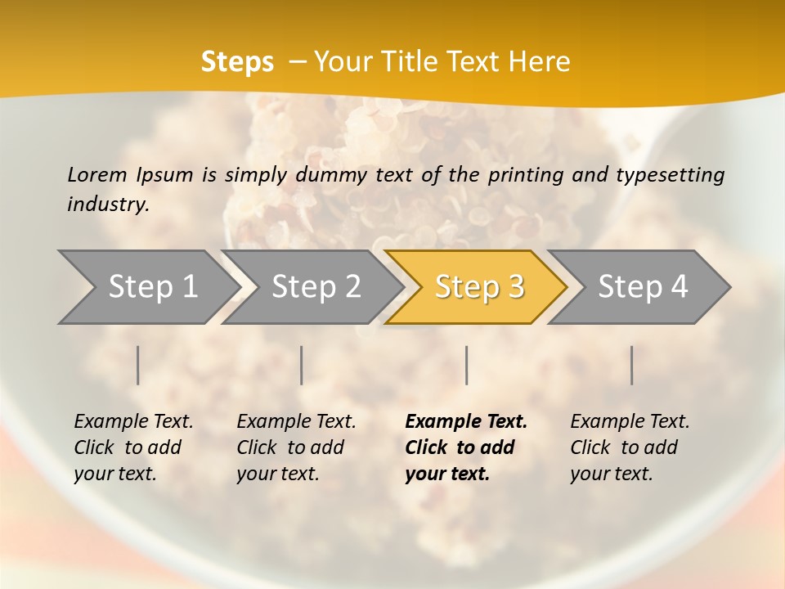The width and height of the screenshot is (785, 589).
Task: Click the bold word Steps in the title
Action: tap(237, 62)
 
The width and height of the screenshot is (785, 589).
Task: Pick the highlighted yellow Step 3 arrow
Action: tap(476, 287)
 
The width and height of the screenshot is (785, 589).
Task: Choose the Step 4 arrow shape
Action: tap(639, 287)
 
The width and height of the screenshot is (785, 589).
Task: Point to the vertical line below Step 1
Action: tap(138, 365)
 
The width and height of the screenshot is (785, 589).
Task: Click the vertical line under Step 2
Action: tap(302, 365)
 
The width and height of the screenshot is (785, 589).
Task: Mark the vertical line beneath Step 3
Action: tap(467, 365)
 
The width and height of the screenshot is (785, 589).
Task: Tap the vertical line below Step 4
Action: tap(632, 365)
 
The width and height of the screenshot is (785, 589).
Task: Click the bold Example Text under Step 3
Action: tap(466, 447)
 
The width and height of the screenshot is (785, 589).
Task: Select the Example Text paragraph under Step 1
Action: tap(133, 447)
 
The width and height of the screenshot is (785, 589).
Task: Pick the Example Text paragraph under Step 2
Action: tap(296, 447)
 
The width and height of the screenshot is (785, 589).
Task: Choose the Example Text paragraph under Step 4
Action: tap(630, 447)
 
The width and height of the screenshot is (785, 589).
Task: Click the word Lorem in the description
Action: tap(97, 174)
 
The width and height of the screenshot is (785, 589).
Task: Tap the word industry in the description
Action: tap(107, 205)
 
